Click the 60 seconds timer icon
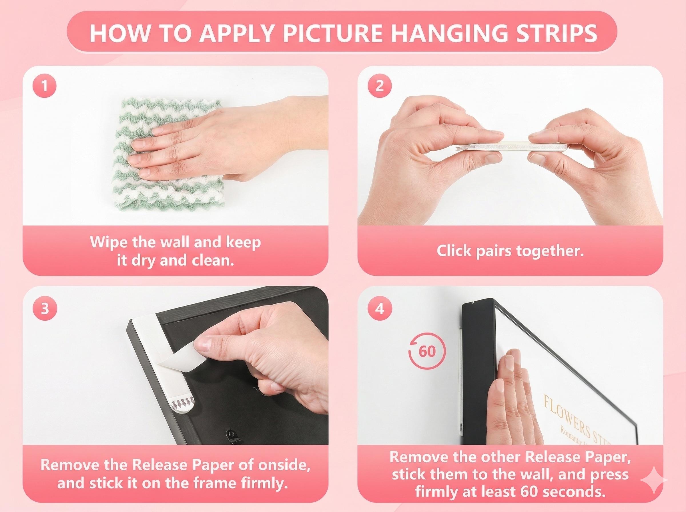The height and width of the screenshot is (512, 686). [427, 352]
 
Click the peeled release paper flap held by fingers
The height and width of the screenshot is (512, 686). [183, 362]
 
